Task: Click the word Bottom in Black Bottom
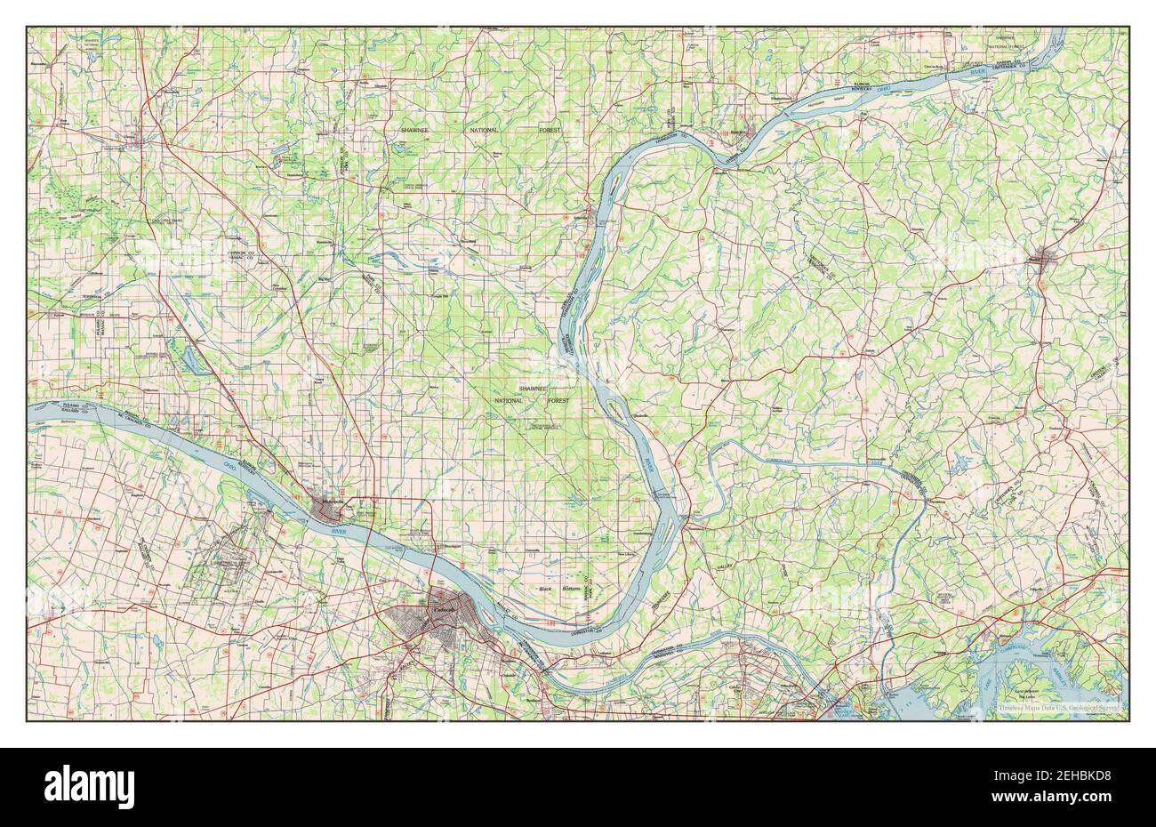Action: click(567, 590)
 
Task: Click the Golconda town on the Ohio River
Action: click(583, 214)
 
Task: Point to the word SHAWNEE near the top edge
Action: click(414, 130)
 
